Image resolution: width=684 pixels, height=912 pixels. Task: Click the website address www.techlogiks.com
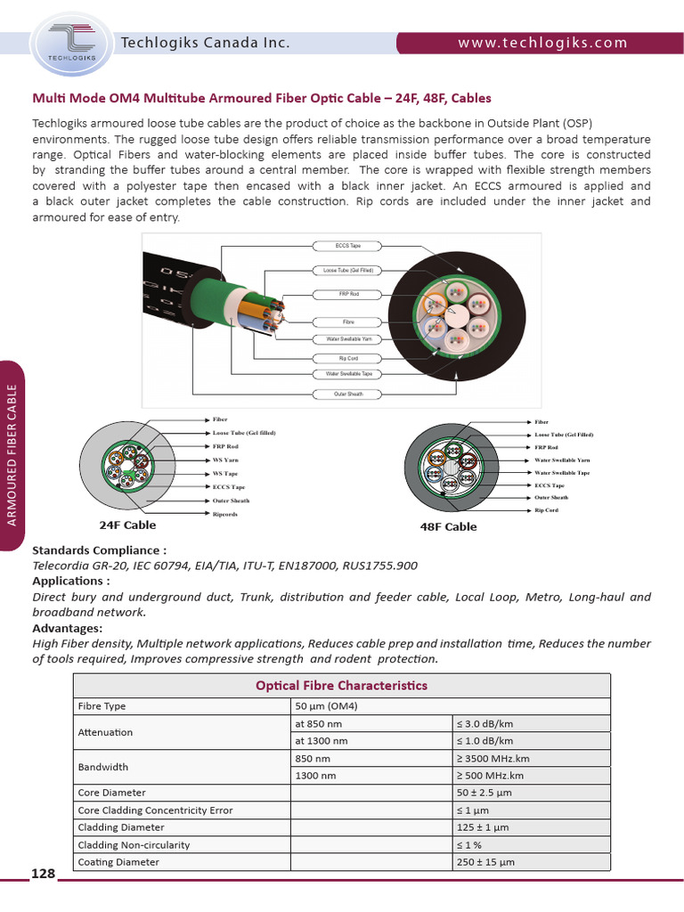[x=542, y=43]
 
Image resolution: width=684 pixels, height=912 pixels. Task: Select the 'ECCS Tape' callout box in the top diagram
[x=347, y=244]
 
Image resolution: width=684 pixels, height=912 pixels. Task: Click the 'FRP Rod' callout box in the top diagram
[x=347, y=293]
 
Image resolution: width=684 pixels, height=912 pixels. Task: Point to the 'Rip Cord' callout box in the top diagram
[x=347, y=358]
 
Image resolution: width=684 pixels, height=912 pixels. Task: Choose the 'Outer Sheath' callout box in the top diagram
[x=347, y=394]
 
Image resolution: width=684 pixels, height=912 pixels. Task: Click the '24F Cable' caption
[x=127, y=525]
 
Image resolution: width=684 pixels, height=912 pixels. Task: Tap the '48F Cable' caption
[x=448, y=527]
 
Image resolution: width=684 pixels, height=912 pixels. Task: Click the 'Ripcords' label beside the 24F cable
[x=225, y=515]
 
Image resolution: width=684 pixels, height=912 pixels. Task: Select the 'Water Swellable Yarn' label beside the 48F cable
[x=562, y=460]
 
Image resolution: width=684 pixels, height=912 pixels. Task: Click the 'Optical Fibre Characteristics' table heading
[x=341, y=686]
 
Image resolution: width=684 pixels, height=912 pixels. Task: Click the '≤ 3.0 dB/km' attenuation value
[x=484, y=723]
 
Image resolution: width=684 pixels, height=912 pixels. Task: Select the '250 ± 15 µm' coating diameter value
[x=485, y=862]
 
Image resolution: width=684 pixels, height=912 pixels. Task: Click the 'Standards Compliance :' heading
[x=99, y=550]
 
